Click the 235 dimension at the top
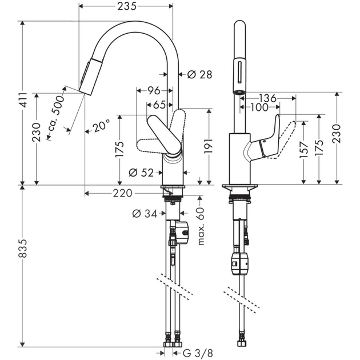click(x=126, y=6)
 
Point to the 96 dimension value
click(x=153, y=90)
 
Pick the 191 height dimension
click(x=209, y=146)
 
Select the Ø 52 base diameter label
click(x=141, y=172)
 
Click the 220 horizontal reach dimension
click(x=122, y=193)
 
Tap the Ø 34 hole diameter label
click(x=144, y=214)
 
